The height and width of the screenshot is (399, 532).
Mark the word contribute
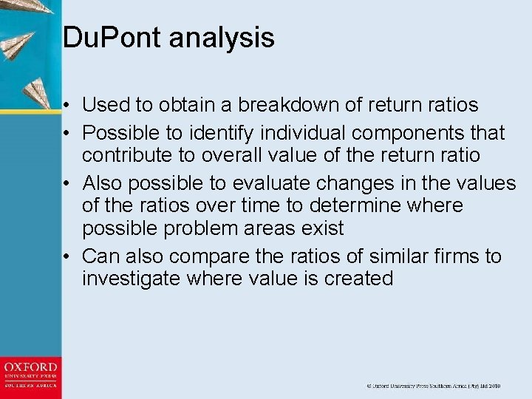(126, 156)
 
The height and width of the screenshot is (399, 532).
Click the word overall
(221, 156)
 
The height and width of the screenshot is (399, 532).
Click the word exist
(322, 228)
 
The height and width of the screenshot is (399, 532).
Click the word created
(359, 279)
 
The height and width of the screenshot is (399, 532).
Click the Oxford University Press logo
(30, 375)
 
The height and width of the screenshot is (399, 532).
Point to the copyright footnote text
(434, 386)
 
